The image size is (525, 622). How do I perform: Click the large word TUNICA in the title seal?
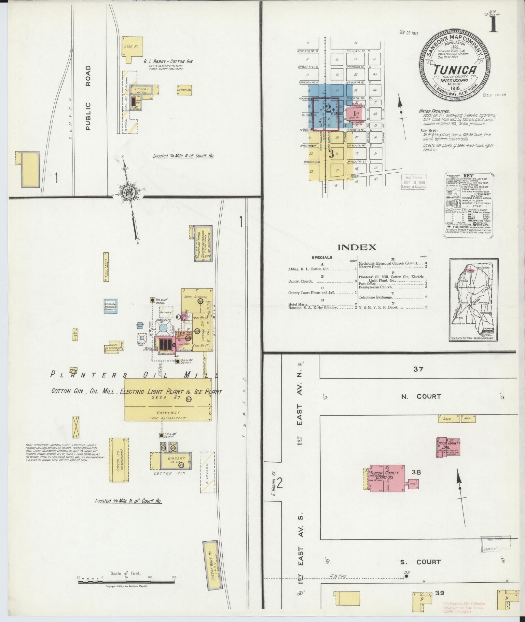pyautogui.click(x=455, y=70)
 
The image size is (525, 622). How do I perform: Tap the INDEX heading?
pyautogui.click(x=357, y=247)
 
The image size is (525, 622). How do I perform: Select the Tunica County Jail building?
pyautogui.click(x=448, y=447)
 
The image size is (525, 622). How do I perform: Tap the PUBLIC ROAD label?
pyautogui.click(x=88, y=98)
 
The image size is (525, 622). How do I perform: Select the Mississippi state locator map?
pyautogui.click(x=473, y=300)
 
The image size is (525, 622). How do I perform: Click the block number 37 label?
pyautogui.click(x=418, y=369)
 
